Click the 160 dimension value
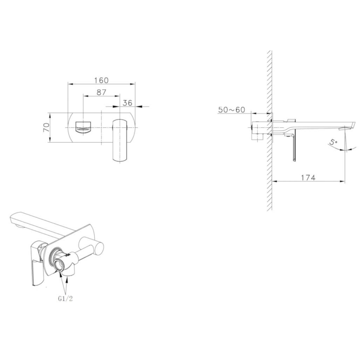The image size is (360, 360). (101, 80)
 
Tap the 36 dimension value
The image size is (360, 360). (127, 103)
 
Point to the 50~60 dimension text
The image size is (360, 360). (231, 110)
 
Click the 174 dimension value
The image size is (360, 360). (308, 178)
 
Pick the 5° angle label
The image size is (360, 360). (333, 143)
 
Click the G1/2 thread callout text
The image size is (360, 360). (65, 298)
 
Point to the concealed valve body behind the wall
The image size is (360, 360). (259, 130)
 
